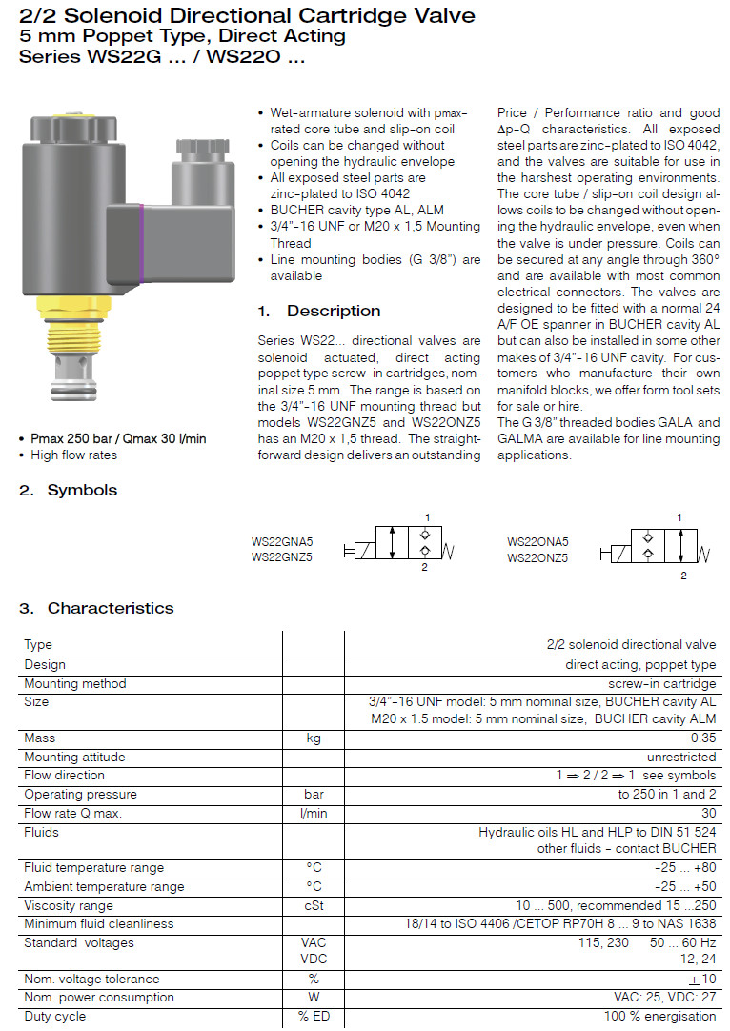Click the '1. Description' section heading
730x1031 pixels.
tap(319, 311)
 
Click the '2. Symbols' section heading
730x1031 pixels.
tap(69, 490)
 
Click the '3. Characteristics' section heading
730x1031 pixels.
tap(97, 608)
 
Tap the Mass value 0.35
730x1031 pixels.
tap(701, 738)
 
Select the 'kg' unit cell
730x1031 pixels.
tap(313, 738)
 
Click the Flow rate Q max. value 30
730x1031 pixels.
tap(708, 813)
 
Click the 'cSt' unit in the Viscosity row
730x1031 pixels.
tap(313, 905)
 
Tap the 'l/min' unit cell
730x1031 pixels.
tap(313, 813)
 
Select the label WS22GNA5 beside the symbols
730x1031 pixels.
tap(282, 541)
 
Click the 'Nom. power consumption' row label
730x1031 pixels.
tap(99, 997)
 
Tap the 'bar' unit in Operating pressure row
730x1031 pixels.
tap(313, 794)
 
